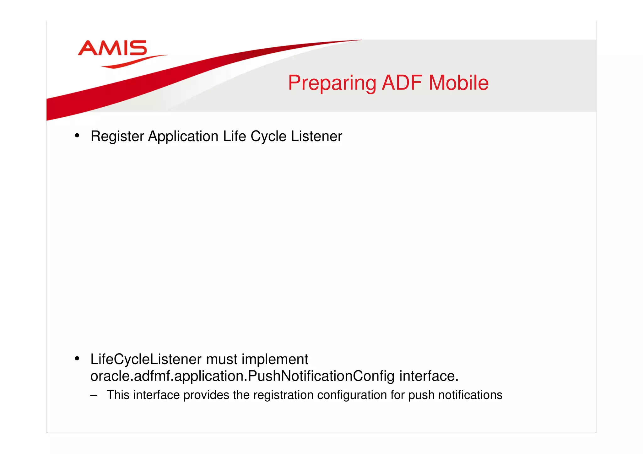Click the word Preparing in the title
[x=332, y=83]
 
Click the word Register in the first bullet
[x=117, y=136]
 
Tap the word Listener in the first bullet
[x=316, y=136]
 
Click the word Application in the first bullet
[x=183, y=136]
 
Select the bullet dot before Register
[x=77, y=136]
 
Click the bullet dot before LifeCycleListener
[x=77, y=358]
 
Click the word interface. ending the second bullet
[x=429, y=376]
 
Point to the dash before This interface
[x=93, y=395]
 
